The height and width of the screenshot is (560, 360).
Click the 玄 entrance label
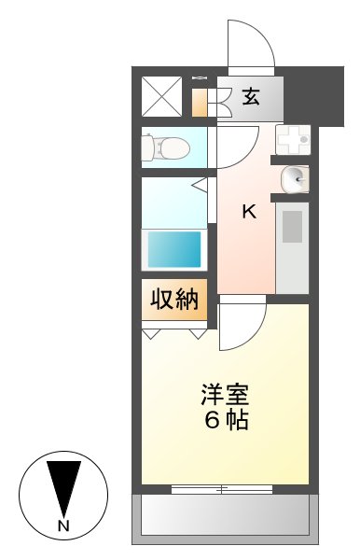coord(251,95)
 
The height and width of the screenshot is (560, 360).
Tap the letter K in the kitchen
coord(249,212)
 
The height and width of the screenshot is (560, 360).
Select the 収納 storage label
coord(174,300)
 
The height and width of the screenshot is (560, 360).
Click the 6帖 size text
coord(227,420)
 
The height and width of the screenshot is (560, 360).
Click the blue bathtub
coord(173,249)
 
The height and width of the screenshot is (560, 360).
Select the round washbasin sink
coord(294,176)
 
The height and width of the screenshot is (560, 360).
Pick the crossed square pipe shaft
coord(161,96)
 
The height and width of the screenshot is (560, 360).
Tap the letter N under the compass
coord(64,527)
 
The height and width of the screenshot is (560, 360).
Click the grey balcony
coord(224,515)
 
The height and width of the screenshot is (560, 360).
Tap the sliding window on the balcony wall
coord(223,488)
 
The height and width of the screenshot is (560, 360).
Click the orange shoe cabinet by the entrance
coord(200,102)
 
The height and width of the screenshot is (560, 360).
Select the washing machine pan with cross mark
coord(293,139)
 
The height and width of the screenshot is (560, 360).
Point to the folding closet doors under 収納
coord(174,330)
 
